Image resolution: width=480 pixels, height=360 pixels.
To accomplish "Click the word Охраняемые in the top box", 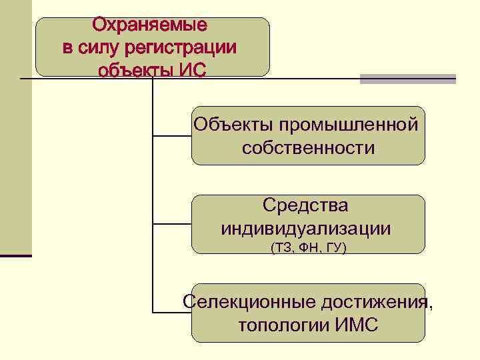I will click(149, 25).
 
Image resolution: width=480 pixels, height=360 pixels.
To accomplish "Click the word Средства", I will click(305, 205).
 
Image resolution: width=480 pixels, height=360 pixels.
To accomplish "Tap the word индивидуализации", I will click(306, 229).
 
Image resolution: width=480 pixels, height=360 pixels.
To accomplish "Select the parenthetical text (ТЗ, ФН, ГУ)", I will click(308, 248).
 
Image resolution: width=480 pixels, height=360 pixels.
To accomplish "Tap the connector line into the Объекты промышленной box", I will click(172, 136).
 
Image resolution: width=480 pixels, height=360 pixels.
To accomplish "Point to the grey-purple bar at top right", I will click(408, 79).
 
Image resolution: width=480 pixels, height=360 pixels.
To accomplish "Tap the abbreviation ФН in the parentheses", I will click(308, 248).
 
